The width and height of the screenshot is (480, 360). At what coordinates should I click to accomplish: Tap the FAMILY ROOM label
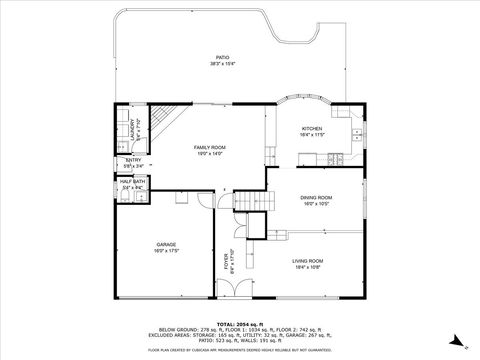(210, 147)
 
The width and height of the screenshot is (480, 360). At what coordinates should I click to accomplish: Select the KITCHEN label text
(312, 129)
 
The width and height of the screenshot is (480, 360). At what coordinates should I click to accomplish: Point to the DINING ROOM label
(316, 198)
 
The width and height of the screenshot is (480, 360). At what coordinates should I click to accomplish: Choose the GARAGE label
(165, 244)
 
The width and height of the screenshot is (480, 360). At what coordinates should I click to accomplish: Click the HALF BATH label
(132, 182)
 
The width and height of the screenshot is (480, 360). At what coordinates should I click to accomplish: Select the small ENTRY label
(132, 160)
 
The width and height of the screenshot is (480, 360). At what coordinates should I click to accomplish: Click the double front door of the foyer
(227, 299)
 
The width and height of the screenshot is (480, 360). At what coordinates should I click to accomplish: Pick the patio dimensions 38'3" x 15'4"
(222, 63)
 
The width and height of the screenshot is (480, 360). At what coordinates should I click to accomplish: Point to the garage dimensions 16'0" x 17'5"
(165, 250)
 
